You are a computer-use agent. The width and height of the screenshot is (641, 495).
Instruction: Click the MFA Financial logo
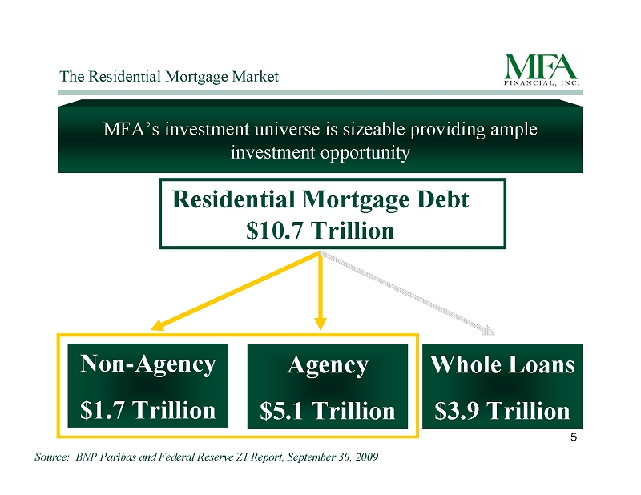(x=542, y=70)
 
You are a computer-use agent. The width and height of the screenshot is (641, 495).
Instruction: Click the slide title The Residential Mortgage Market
(x=169, y=77)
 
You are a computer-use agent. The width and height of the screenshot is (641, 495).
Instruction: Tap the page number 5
(x=574, y=437)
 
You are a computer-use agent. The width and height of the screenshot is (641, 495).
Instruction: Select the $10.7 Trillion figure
(x=320, y=231)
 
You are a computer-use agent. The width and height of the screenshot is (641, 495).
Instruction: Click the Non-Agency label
(x=148, y=364)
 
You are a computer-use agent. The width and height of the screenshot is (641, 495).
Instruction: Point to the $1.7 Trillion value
(x=148, y=410)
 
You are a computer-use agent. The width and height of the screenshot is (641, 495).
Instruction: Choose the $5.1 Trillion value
(x=328, y=410)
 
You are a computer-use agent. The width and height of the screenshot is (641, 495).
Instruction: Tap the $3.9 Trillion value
(x=502, y=410)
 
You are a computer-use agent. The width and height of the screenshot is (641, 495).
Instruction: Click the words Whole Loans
(x=502, y=364)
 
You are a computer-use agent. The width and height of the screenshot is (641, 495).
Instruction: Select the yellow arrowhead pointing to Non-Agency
(x=157, y=325)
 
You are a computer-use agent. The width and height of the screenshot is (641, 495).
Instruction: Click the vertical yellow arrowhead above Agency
(x=320, y=324)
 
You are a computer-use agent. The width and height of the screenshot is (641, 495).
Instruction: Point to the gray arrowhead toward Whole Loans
(x=489, y=330)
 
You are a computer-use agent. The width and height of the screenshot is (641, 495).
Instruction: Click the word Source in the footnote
(x=51, y=457)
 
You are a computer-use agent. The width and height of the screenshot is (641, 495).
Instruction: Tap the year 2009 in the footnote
(x=367, y=457)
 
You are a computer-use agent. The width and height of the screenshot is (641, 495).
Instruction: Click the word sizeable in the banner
(x=373, y=130)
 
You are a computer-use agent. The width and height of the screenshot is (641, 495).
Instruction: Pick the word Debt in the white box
(x=443, y=199)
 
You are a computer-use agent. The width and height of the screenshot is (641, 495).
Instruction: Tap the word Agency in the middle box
(x=328, y=364)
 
